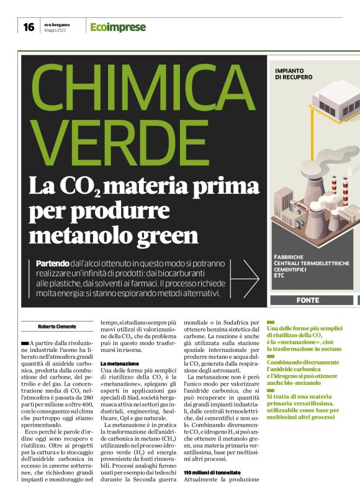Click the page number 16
point(29,27)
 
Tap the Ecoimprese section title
point(118,27)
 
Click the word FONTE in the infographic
point(312,300)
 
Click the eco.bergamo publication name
point(57,24)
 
